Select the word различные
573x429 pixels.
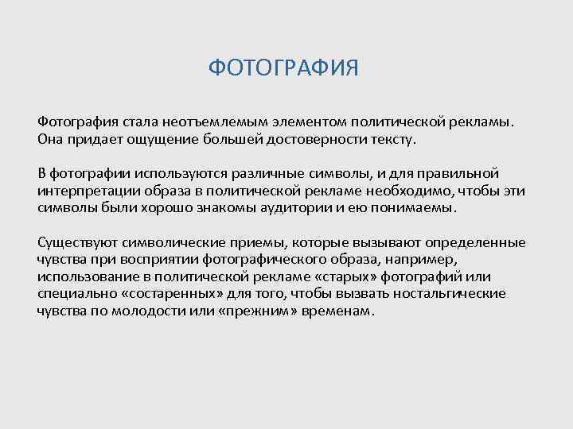click(254, 174)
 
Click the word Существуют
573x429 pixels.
click(75, 242)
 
